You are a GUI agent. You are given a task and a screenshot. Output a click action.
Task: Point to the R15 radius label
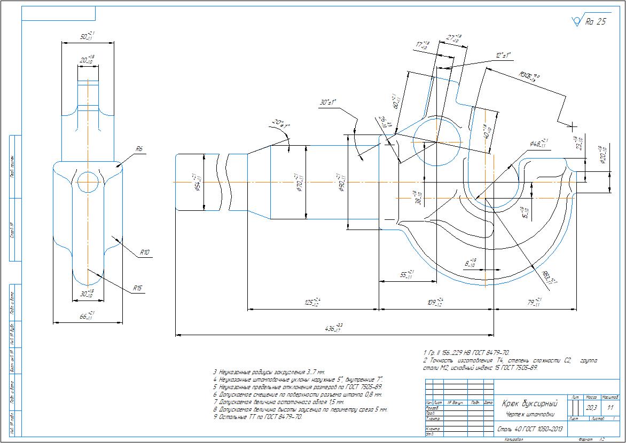click(x=138, y=288)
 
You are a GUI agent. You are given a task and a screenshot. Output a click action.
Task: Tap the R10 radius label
click(x=145, y=252)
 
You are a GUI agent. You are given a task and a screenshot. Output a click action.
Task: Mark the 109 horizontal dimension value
click(x=436, y=303)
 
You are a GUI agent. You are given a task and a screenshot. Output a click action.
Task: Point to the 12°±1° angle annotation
click(x=503, y=55)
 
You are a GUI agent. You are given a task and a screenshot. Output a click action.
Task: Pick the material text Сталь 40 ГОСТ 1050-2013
click(x=530, y=429)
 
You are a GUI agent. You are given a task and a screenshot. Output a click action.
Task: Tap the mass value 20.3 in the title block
click(x=591, y=408)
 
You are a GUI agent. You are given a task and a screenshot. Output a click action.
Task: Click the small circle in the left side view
click(x=88, y=182)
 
